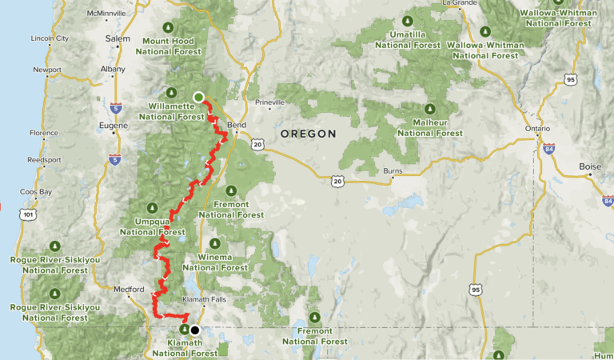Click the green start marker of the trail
point(198,98)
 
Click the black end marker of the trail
point(194,330)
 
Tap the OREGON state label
point(308,134)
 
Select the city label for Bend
point(237,126)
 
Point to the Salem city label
point(118,38)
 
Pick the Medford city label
point(129,290)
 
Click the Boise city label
point(590,166)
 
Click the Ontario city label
point(537,128)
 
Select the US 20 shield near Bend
point(256,144)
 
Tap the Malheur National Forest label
point(429,127)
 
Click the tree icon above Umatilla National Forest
point(409,21)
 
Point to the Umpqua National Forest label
point(150,227)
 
